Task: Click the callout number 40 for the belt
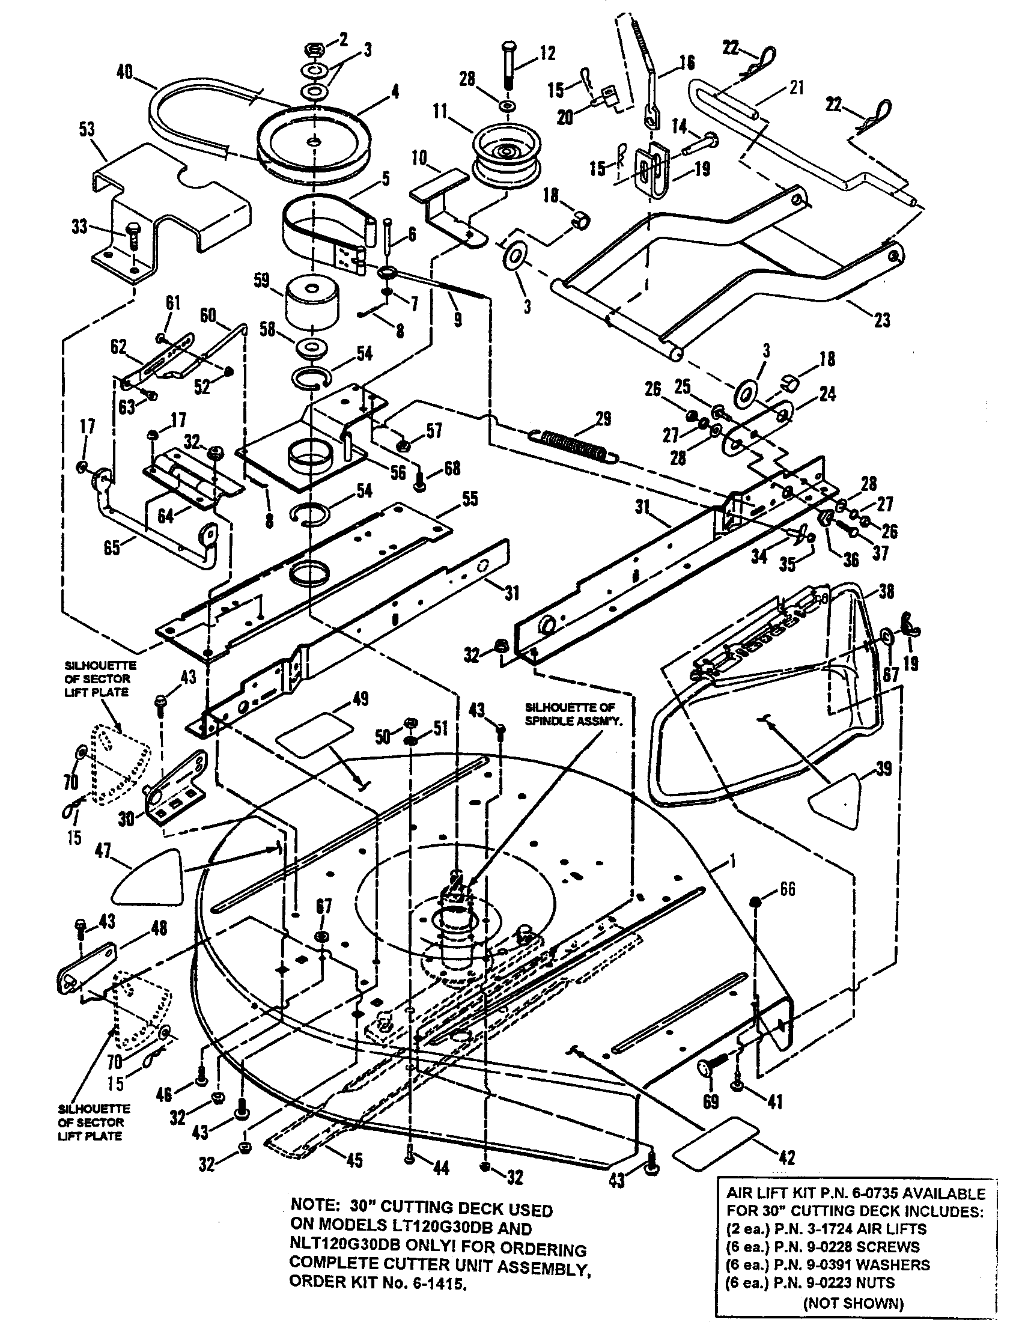[x=125, y=73]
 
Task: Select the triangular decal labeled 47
[x=150, y=879]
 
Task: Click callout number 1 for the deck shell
[x=733, y=862]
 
